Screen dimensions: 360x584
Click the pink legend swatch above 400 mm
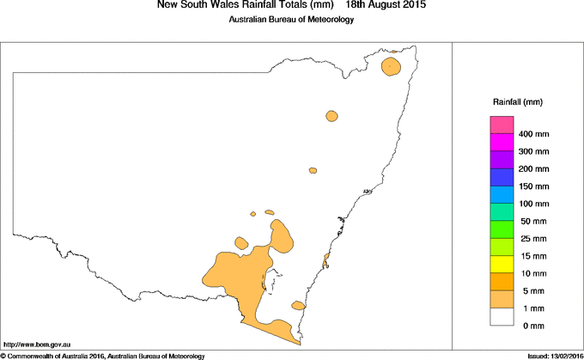(501, 125)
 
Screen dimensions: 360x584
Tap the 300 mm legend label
(534, 152)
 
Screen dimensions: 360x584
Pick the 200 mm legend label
(534, 169)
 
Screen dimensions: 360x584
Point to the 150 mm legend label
(534, 186)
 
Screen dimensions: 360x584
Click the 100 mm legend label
(534, 204)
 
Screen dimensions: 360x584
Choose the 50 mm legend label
(532, 222)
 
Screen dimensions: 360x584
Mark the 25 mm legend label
(532, 239)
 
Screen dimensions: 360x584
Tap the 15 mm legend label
(532, 257)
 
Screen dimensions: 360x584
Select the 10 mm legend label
(532, 274)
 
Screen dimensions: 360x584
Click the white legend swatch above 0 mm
(501, 317)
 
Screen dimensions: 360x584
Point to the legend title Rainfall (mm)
(517, 102)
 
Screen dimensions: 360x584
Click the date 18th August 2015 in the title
(385, 5)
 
